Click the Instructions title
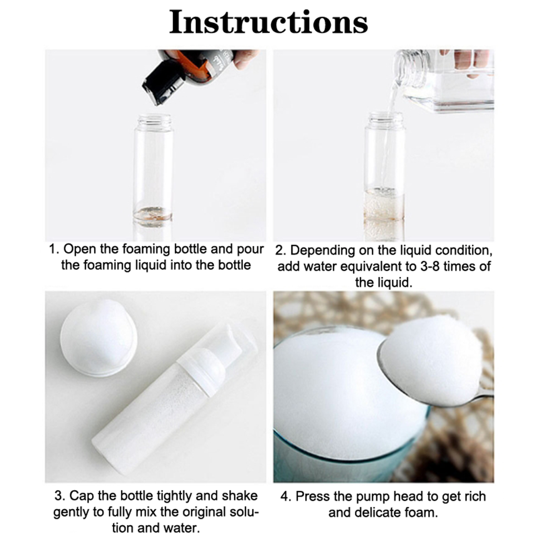pos(268,22)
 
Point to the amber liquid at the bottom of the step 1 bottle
pos(153,214)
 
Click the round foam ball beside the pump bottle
pos(98,337)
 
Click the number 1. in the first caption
pos(54,249)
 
